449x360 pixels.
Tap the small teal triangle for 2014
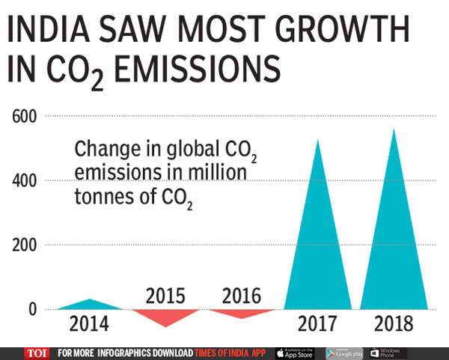point(89,305)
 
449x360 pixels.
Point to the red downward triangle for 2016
point(240,313)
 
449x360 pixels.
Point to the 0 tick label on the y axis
point(31,309)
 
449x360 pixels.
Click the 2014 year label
point(89,325)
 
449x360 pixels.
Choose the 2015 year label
point(165,294)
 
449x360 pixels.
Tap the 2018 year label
point(394,325)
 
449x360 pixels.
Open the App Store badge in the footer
point(296,353)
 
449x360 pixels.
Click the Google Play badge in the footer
point(345,353)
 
